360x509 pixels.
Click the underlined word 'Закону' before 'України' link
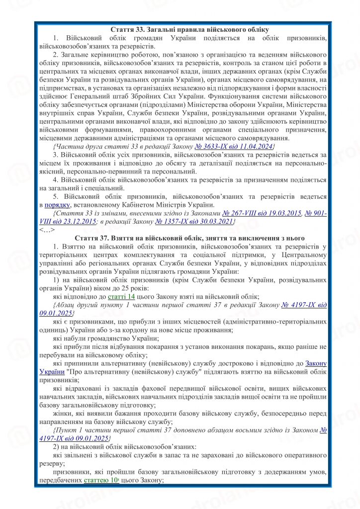tap(315, 363)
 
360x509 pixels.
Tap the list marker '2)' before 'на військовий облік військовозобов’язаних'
tap(56, 447)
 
